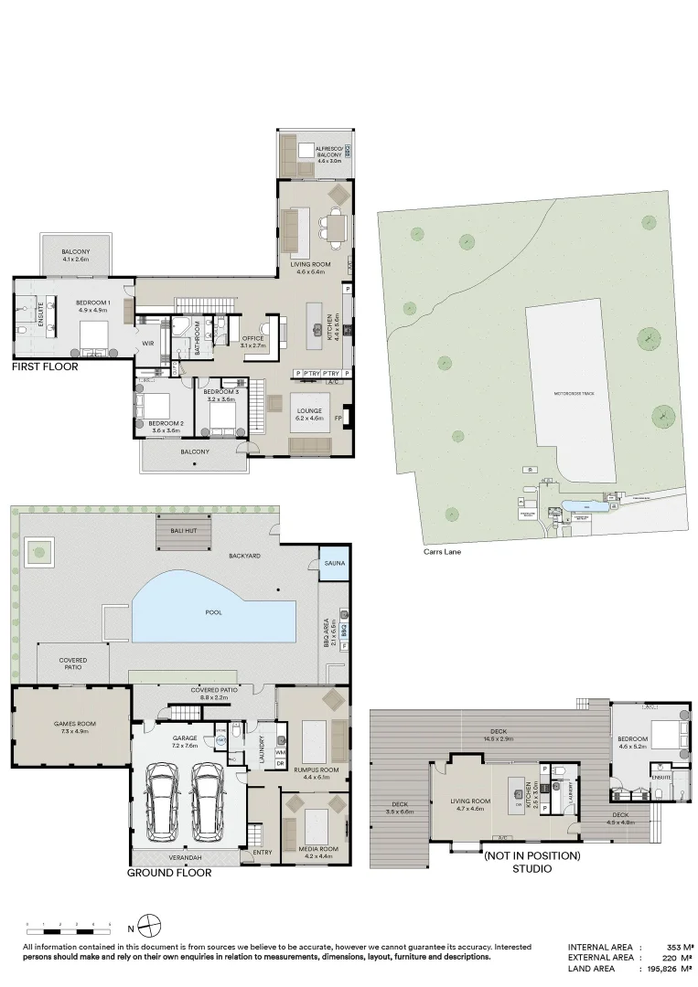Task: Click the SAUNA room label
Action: point(334,564)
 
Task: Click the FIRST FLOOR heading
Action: point(45,366)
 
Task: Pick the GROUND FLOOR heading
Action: point(169,873)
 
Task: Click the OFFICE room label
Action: point(252,339)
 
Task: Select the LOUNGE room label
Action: point(308,412)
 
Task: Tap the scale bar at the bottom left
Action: point(69,925)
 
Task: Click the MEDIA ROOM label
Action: point(320,849)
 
